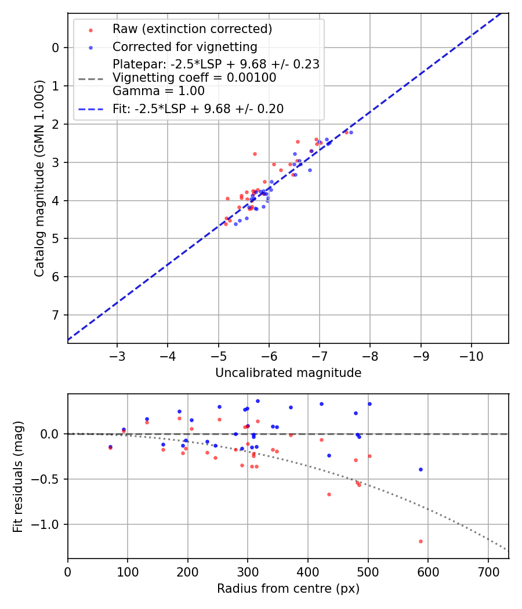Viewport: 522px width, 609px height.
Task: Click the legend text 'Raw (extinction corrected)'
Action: pyautogui.click(x=192, y=28)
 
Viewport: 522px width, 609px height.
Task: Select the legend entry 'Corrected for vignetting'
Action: pyautogui.click(x=185, y=46)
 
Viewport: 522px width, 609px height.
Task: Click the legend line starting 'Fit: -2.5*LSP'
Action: pyautogui.click(x=198, y=108)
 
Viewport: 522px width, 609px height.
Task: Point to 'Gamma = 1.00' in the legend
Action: pyautogui.click(x=158, y=91)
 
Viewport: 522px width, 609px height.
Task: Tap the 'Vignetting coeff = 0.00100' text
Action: pyautogui.click(x=194, y=78)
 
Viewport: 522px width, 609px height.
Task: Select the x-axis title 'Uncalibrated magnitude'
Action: pyautogui.click(x=288, y=373)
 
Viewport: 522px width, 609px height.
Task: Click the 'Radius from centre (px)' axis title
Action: pyautogui.click(x=288, y=589)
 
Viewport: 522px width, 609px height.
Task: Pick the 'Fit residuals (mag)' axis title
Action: pyautogui.click(x=18, y=477)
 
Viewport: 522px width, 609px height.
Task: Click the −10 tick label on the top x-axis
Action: pyautogui.click(x=470, y=354)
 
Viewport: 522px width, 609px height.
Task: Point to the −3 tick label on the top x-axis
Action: pyautogui.click(x=117, y=354)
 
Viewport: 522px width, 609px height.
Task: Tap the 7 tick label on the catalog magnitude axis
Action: pyautogui.click(x=56, y=315)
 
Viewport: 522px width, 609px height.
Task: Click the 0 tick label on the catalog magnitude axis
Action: pyautogui.click(x=56, y=48)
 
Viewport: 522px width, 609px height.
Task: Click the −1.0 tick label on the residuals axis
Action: pyautogui.click(x=49, y=524)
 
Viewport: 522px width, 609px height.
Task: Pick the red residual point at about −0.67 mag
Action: pyautogui.click(x=329, y=494)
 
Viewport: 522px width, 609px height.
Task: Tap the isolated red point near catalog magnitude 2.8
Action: pyautogui.click(x=255, y=154)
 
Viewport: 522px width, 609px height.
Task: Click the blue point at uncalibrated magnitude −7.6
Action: pyautogui.click(x=351, y=132)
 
